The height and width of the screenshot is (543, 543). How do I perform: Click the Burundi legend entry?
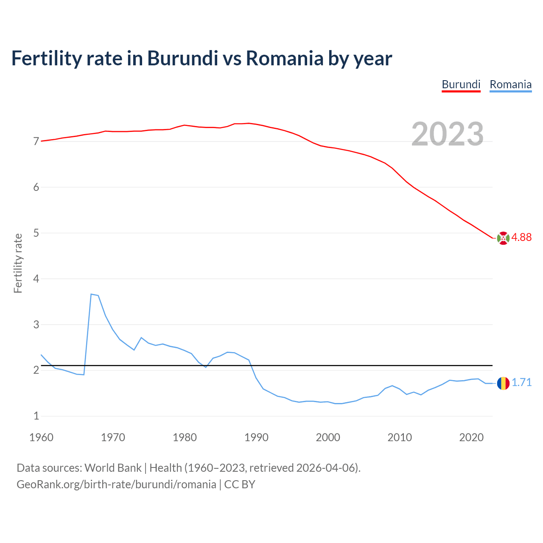click(461, 84)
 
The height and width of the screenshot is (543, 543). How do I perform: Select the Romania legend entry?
click(510, 84)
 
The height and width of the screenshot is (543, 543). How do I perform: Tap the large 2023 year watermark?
click(448, 134)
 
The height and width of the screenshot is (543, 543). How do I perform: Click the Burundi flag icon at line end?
click(503, 238)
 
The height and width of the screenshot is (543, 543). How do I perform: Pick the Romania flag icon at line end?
click(503, 383)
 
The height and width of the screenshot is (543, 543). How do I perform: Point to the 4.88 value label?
click(521, 238)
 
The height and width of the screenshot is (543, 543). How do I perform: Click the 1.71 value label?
click(521, 383)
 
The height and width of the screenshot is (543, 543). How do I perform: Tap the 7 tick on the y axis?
click(36, 141)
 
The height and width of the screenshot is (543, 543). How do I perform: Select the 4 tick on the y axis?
click(36, 279)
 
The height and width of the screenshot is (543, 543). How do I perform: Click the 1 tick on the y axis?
click(36, 416)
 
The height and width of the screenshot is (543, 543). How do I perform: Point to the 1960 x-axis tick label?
click(41, 437)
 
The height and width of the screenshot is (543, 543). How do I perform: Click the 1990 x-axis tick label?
click(256, 437)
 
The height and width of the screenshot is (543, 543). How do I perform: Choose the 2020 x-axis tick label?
click(471, 437)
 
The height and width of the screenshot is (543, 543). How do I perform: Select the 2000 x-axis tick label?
click(328, 437)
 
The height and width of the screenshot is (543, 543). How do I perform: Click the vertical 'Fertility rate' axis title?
click(18, 263)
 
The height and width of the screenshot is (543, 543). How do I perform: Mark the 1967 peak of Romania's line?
click(91, 294)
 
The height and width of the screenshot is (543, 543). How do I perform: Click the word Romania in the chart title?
click(285, 58)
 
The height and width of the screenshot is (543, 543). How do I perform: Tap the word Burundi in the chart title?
click(182, 58)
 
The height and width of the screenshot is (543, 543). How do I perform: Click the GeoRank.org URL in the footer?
click(116, 484)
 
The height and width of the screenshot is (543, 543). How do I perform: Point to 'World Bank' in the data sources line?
click(113, 468)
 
